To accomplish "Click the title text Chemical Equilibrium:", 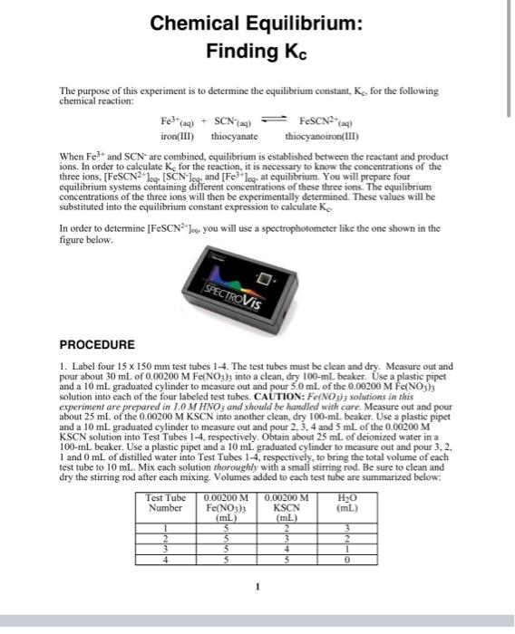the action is coord(257,24).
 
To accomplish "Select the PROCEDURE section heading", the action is coord(97,345).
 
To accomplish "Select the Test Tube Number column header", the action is coord(166,503).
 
